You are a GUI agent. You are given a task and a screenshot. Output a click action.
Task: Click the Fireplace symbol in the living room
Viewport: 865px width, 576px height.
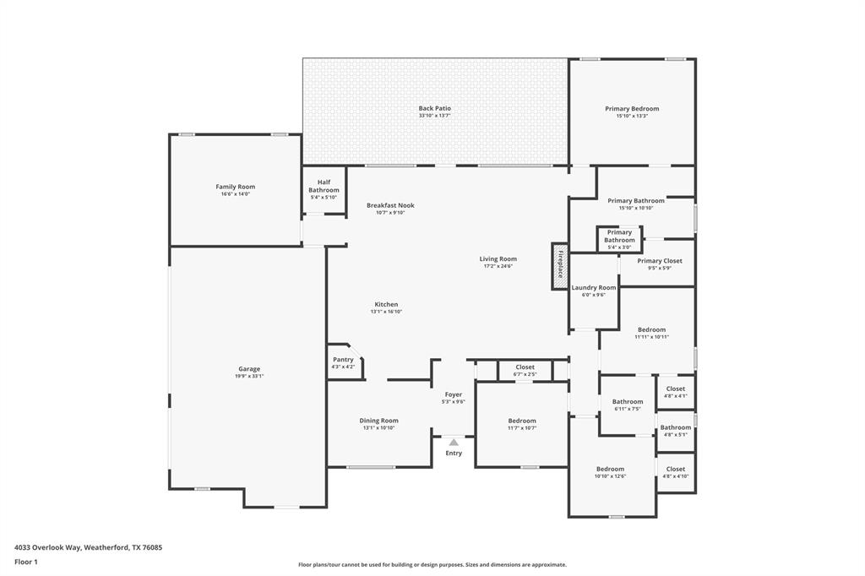pos(560,266)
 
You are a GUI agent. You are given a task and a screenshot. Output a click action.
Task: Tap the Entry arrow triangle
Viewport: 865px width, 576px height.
pos(454,442)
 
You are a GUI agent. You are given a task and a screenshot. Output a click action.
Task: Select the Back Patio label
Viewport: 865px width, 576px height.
pos(434,108)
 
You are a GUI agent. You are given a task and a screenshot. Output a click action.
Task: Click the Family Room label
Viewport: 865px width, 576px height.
pos(235,187)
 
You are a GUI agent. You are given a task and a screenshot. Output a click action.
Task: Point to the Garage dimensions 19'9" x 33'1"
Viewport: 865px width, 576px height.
pos(248,377)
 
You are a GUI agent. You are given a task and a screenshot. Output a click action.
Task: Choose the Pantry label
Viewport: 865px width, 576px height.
pos(343,360)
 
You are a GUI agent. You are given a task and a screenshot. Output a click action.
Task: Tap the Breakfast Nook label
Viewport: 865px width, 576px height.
pos(390,205)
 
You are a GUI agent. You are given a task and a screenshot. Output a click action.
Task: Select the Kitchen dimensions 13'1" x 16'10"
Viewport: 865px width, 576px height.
pos(385,312)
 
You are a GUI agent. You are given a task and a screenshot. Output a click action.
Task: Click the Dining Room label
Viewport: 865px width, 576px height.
pos(378,421)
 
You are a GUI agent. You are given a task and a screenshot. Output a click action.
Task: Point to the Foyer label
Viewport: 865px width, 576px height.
pos(454,394)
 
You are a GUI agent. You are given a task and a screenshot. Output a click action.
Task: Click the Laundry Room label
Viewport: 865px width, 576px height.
pos(594,288)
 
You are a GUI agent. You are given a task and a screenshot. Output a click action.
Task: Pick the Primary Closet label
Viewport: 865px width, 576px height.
pos(660,261)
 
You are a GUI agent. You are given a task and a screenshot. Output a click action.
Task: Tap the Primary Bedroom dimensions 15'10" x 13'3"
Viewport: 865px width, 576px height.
pos(632,116)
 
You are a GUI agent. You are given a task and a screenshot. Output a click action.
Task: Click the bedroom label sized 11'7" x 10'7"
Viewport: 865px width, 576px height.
pos(522,421)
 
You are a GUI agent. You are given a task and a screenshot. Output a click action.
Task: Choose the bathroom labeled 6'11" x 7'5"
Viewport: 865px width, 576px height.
pos(628,402)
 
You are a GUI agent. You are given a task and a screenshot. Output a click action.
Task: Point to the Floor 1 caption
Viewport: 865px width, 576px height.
pos(27,562)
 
